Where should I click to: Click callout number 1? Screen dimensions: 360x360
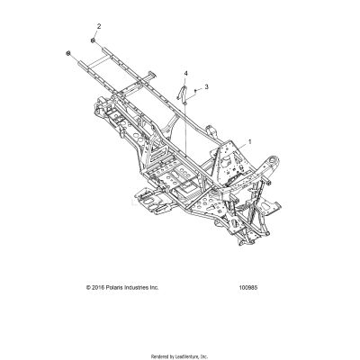tap(249, 141)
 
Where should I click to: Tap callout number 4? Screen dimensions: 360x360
tap(186, 72)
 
